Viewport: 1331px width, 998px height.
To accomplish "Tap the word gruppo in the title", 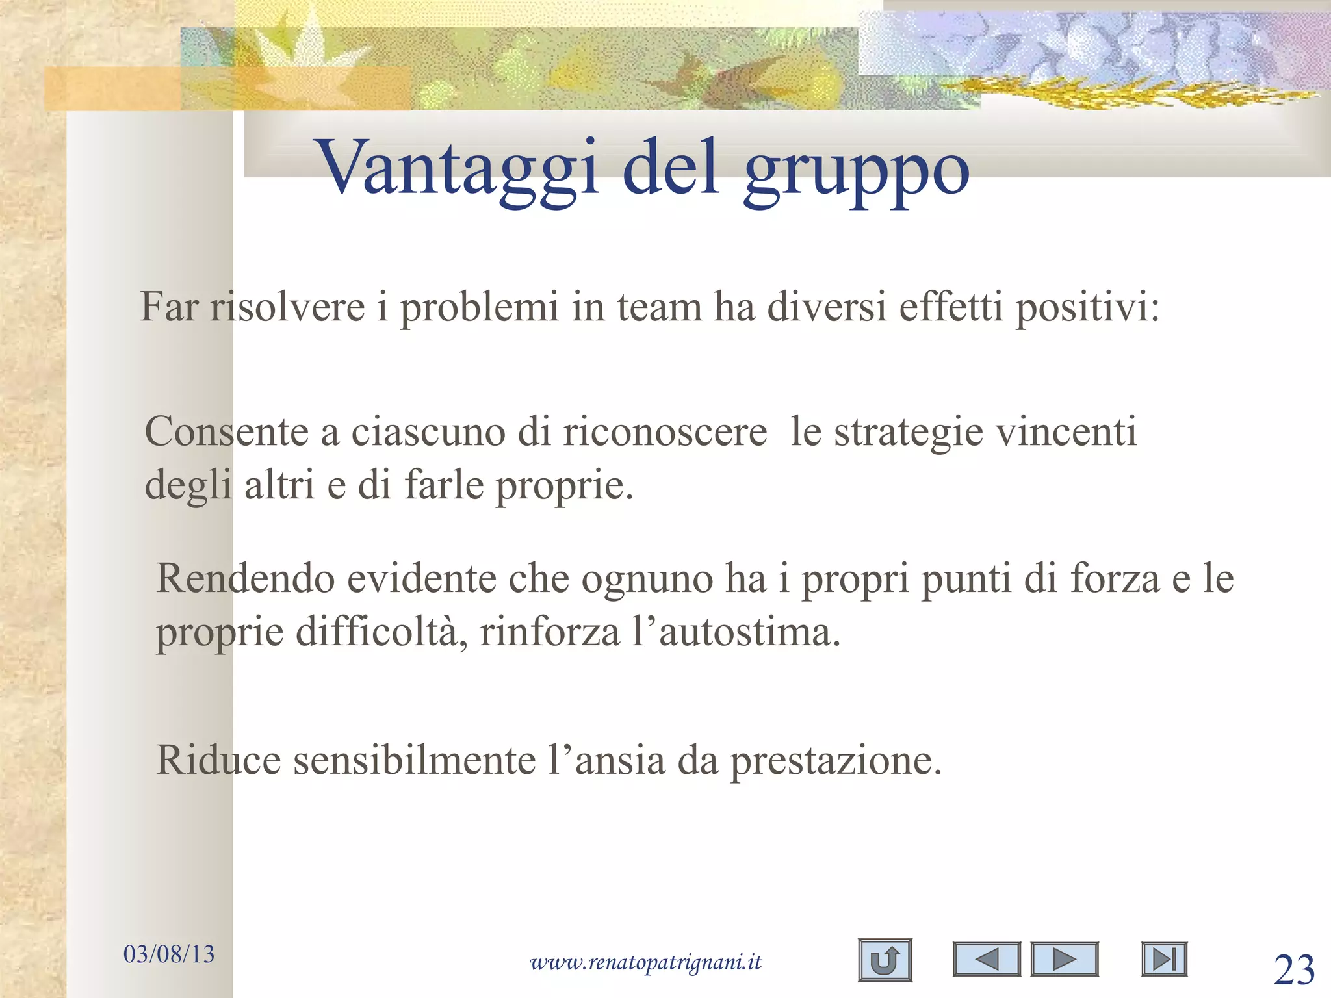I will tap(857, 170).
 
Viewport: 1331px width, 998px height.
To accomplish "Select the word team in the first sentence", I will tap(659, 307).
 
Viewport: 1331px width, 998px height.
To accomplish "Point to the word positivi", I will tap(1087, 307).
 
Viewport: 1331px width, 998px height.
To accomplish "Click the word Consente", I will tap(226, 431).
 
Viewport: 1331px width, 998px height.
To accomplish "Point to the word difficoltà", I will tap(381, 632).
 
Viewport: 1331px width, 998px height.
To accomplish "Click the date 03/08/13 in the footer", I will tap(169, 953).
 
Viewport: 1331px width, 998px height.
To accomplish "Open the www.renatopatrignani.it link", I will tap(645, 962).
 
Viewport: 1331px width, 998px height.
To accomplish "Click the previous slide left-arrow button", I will tap(987, 959).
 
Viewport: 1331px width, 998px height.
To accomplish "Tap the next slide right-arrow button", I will tap(1064, 959).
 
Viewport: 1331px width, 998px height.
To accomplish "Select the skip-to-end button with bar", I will tap(1164, 959).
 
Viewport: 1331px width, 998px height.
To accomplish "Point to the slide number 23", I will tap(1294, 971).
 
